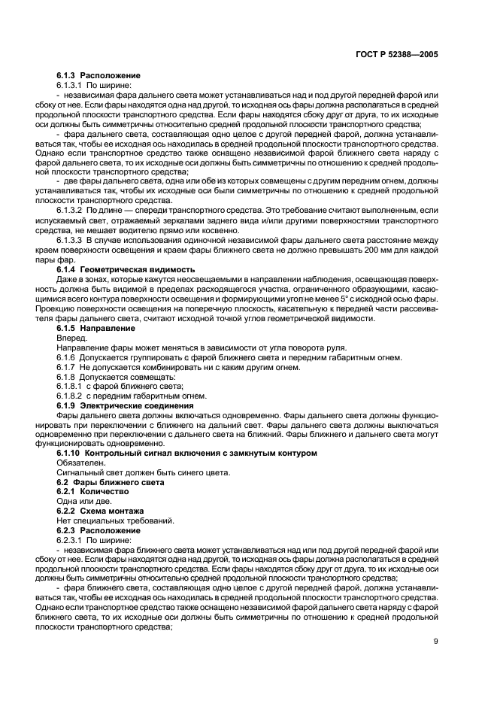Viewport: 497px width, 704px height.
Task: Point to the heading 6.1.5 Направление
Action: click(x=96, y=328)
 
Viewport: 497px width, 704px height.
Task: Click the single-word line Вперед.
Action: click(x=72, y=338)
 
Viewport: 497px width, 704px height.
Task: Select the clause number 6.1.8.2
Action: click(x=71, y=396)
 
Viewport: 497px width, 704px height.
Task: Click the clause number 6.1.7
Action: click(x=67, y=367)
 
